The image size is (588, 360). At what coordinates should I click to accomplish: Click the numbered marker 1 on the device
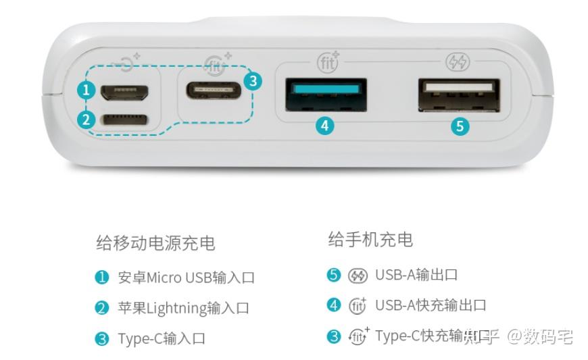pos(84,89)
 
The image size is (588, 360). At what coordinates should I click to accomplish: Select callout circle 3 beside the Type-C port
pos(252,81)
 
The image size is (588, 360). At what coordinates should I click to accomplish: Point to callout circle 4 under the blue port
pos(326,125)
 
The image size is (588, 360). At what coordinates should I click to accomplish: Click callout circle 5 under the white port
pos(460,125)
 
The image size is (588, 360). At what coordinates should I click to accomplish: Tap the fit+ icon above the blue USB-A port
pos(328,62)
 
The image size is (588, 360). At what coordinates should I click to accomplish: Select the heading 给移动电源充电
pos(155,242)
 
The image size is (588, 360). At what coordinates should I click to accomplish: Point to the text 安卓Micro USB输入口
pos(186,278)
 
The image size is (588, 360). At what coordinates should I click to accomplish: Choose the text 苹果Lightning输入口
pos(183,308)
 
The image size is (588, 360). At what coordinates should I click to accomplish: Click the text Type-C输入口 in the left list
pos(161,338)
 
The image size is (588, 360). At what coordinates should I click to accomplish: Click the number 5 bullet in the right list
pos(333,275)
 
